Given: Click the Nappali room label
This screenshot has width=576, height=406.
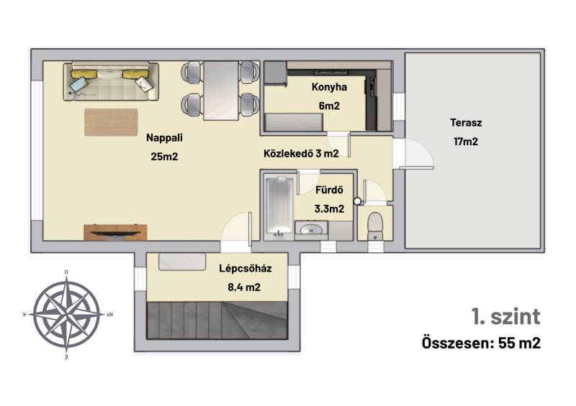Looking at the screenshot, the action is click(164, 138).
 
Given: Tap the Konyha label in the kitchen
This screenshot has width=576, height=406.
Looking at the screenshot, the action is click(329, 87).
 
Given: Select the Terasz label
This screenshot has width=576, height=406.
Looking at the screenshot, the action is click(466, 122).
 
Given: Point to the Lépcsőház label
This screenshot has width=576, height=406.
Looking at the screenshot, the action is click(246, 268).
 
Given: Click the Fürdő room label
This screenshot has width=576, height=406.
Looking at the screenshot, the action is click(330, 190).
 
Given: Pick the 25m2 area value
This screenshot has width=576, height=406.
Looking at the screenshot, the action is click(164, 157).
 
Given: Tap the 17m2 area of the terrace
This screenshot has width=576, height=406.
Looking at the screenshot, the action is click(466, 142).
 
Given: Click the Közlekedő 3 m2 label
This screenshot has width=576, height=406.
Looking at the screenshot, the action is click(301, 153).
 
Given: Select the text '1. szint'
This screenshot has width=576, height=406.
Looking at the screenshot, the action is click(506, 316).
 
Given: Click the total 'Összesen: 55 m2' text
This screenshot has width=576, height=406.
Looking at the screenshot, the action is click(481, 343).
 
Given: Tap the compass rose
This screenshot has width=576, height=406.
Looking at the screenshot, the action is click(66, 314).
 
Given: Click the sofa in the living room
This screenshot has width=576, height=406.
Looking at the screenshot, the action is click(111, 81).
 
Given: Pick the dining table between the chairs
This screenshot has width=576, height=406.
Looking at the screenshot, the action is click(221, 91).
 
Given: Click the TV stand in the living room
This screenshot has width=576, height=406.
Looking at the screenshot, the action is click(115, 232).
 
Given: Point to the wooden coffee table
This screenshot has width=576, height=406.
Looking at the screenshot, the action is click(112, 122).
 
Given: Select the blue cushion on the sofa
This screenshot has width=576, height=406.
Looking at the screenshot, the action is click(79, 85).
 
